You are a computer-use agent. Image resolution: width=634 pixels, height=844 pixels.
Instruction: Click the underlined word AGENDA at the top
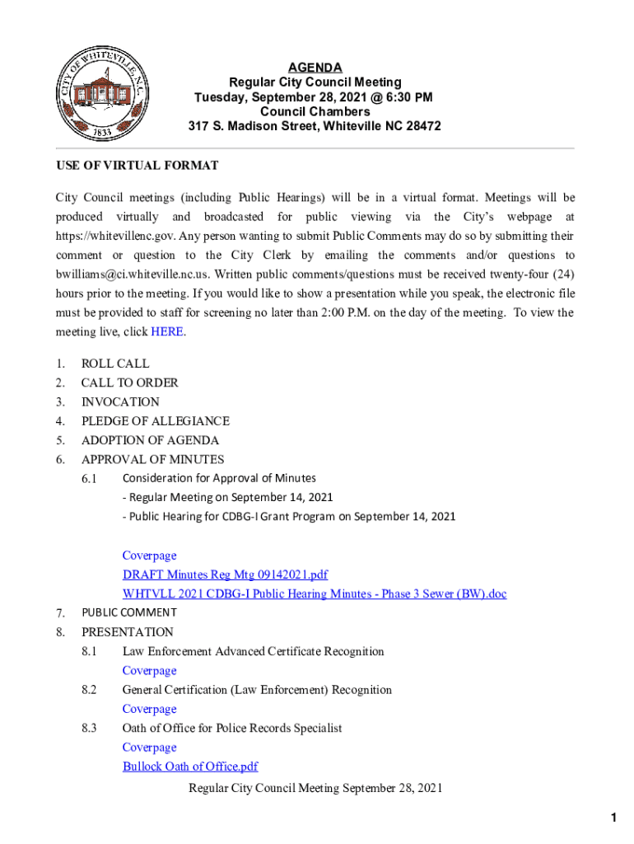[x=315, y=68]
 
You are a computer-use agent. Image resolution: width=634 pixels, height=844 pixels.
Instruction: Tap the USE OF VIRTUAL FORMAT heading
[x=138, y=166]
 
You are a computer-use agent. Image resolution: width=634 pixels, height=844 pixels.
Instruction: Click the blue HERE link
[x=167, y=332]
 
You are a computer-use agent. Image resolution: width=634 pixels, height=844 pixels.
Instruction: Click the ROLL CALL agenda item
[x=115, y=363]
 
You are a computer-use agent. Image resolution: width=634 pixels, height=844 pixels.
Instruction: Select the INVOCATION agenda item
[x=120, y=402]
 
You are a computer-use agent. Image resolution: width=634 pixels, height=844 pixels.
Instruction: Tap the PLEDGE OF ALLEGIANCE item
[x=155, y=421]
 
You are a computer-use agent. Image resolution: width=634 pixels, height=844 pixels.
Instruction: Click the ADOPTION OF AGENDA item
[x=150, y=440]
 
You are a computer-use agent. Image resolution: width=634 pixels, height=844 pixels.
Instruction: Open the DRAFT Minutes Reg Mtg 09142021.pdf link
[x=225, y=574]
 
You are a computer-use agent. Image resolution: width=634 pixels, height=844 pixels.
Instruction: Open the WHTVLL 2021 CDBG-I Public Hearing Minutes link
[x=315, y=593]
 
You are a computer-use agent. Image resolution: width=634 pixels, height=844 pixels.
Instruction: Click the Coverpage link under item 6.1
[x=149, y=556]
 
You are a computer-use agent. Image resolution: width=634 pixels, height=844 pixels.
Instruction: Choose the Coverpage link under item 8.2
[x=149, y=709]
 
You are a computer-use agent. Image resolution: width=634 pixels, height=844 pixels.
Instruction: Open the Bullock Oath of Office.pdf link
[x=190, y=767]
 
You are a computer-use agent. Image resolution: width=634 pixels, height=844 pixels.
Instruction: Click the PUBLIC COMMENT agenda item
[x=128, y=612]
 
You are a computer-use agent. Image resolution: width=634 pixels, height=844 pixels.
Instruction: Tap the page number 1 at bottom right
[x=613, y=818]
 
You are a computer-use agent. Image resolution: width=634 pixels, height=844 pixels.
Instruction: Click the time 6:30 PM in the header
[x=404, y=97]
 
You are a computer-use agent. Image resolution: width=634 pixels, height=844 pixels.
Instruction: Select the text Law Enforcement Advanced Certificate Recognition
[x=254, y=652]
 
